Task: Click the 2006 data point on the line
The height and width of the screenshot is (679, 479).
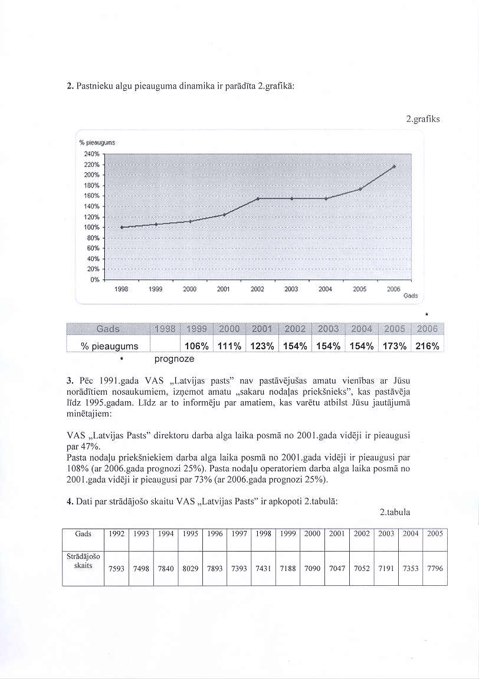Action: tap(394, 166)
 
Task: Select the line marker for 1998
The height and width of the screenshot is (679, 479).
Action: tap(122, 227)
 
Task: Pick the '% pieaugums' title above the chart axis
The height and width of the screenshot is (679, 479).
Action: tap(97, 143)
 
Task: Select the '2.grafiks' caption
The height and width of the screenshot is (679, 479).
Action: tap(423, 119)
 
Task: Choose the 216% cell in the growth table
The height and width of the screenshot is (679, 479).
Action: tap(427, 346)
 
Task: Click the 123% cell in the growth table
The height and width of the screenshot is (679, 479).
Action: tap(261, 346)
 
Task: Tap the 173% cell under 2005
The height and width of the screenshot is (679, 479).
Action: tap(393, 346)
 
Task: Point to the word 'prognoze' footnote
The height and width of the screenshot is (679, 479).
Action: tap(174, 359)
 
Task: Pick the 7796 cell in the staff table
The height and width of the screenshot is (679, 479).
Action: tap(434, 569)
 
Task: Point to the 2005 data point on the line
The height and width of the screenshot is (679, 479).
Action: tap(360, 189)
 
